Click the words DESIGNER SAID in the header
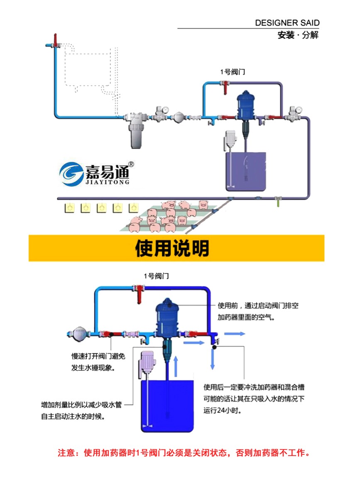pos(287,23)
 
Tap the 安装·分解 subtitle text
pos(298,35)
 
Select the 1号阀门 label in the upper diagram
pos(233,72)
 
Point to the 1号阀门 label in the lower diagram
pos(156,276)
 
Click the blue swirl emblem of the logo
pos(71,173)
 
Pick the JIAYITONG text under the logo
pos(108,181)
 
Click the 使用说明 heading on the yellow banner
pos(172,249)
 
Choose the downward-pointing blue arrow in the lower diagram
pos(213,359)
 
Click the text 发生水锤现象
pos(93,368)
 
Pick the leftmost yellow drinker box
pos(69,207)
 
